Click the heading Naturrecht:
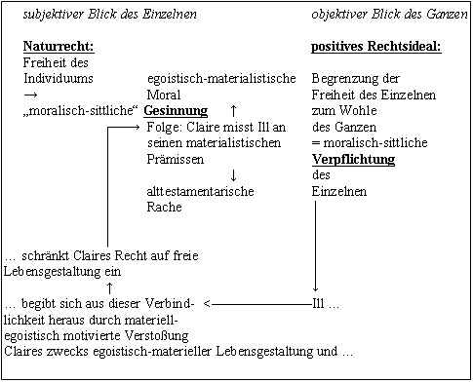59,46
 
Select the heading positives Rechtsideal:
376,46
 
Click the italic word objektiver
341,15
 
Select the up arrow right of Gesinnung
232,111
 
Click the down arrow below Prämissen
234,175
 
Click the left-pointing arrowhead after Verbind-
211,302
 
